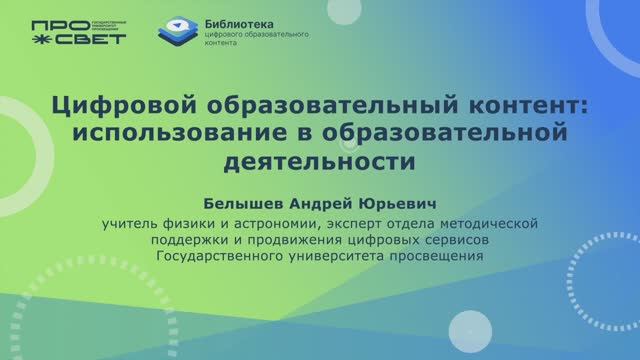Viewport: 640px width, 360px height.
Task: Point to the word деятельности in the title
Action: [x=319, y=159]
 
